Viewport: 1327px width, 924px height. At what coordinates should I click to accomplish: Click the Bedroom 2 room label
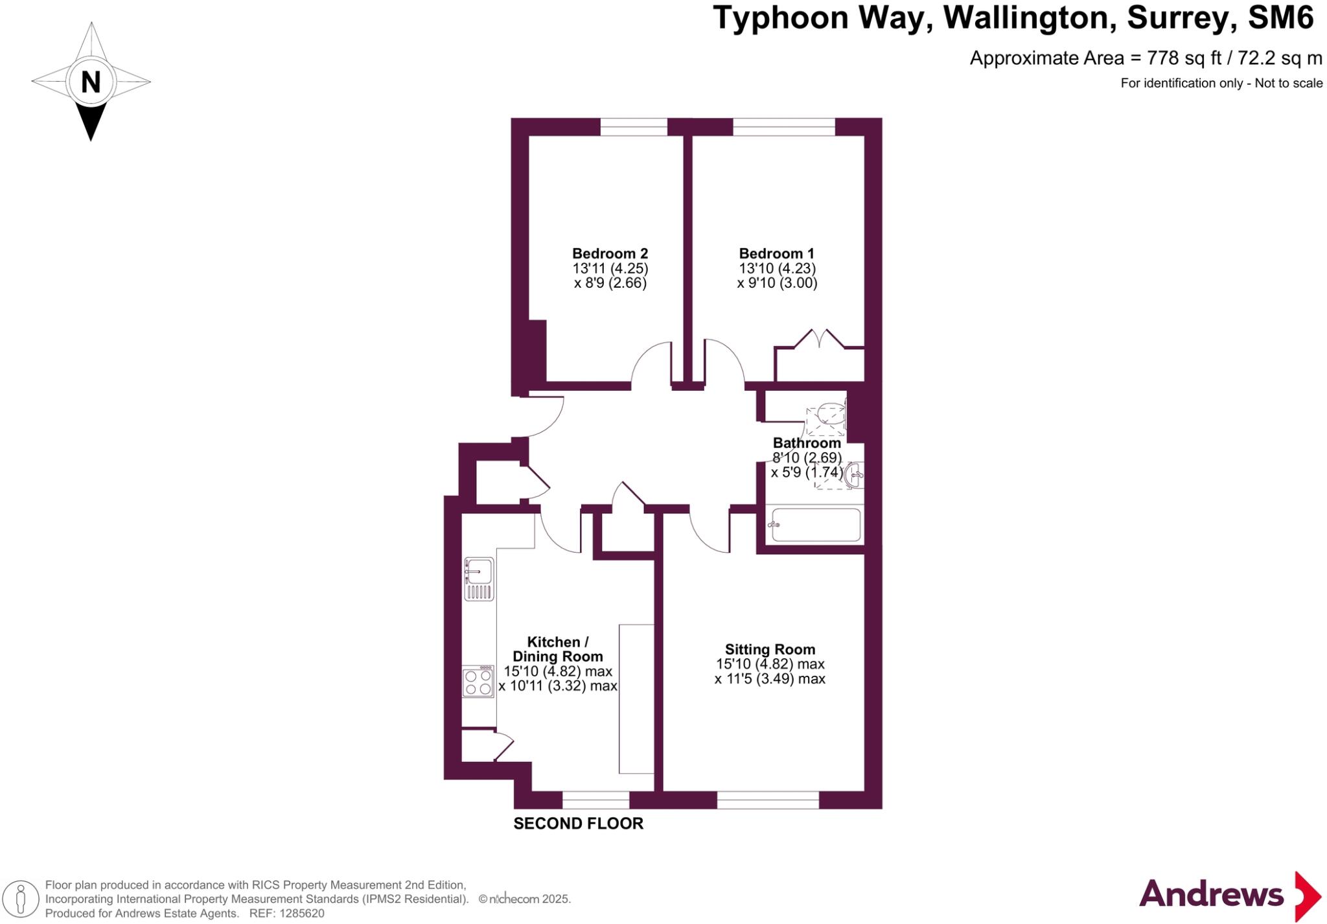coord(610,253)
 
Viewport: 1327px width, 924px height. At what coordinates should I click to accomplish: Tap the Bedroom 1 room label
coord(776,253)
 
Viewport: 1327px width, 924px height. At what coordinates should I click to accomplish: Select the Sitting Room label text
coord(770,649)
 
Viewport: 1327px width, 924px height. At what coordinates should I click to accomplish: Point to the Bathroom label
coord(807,443)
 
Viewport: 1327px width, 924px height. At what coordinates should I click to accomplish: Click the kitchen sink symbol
coord(479,579)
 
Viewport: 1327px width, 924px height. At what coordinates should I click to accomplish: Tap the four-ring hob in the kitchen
coord(478,682)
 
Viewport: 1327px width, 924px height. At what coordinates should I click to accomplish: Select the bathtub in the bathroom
coord(815,524)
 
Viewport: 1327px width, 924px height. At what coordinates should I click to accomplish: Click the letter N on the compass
coord(91,82)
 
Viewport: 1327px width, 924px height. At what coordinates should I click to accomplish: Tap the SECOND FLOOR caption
coord(578,824)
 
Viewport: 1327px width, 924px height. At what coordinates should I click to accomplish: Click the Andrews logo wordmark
coord(1210,895)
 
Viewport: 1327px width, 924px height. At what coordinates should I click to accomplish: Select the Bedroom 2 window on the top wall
coord(634,126)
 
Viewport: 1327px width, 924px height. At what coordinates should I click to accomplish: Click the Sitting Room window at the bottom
coord(768,800)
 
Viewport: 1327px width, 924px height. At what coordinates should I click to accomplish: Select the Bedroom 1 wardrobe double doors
coord(819,340)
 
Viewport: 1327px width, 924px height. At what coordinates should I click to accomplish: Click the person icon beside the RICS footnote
coord(21,899)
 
